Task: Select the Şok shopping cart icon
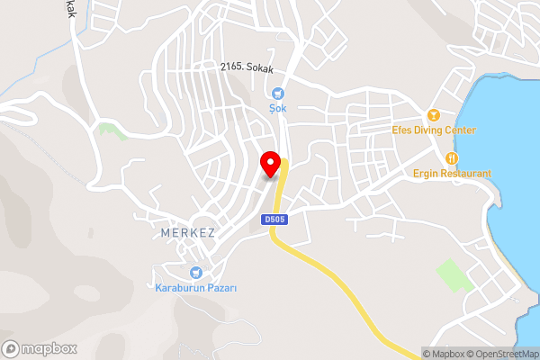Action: [x=277, y=93]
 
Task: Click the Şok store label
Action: [x=277, y=108]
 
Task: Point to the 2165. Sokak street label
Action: [x=246, y=67]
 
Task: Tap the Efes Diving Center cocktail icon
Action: [x=433, y=115]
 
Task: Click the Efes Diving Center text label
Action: [x=434, y=130]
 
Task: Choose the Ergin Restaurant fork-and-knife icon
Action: [x=440, y=158]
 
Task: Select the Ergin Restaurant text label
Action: [x=453, y=173]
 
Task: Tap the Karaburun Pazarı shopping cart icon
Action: [x=194, y=273]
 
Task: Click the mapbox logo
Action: [x=40, y=348]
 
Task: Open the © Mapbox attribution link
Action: [x=451, y=354]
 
